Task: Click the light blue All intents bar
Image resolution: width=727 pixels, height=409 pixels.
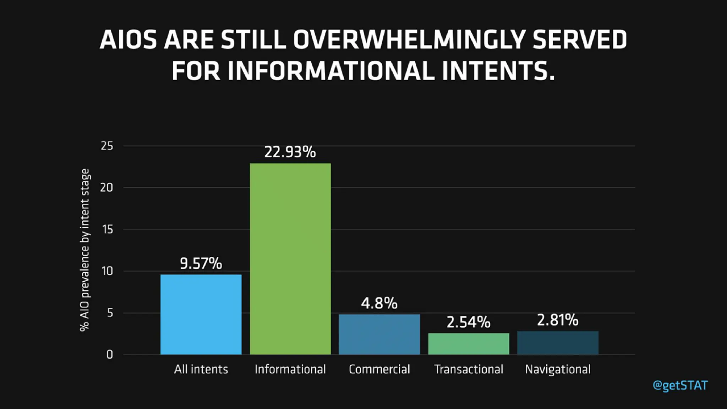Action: point(201,315)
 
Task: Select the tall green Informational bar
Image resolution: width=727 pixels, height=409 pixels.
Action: point(290,259)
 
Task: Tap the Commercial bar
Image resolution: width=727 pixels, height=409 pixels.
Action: point(379,334)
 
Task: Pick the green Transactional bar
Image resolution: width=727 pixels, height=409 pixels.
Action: point(469,344)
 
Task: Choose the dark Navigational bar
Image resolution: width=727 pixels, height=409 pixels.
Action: point(558,343)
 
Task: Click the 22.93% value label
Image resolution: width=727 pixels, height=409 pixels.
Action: point(290,152)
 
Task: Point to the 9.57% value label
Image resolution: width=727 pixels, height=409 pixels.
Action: point(201,263)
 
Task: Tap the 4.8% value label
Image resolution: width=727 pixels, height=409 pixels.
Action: point(379,303)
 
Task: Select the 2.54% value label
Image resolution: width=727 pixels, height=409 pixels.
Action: point(468,322)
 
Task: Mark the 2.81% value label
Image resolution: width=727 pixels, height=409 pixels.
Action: point(557,320)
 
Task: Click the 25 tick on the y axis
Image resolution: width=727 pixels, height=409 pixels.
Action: point(107,146)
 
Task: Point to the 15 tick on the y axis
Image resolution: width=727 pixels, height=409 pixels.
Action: point(108,230)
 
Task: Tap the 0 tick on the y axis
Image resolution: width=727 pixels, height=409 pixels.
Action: point(109,354)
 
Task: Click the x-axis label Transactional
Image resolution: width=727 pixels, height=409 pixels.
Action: point(469,370)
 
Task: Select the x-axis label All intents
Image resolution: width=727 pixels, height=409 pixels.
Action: point(201,370)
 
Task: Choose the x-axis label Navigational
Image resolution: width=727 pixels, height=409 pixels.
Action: point(558,370)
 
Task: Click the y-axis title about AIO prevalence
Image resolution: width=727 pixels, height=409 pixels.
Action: point(85,250)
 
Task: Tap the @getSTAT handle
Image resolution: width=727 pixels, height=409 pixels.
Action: point(680,386)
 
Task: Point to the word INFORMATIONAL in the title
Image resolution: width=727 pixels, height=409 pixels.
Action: point(331,71)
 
